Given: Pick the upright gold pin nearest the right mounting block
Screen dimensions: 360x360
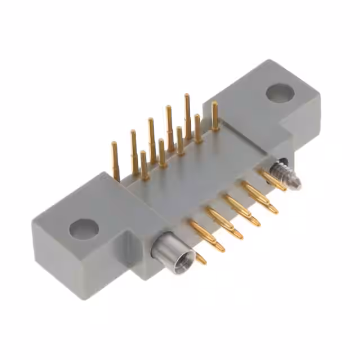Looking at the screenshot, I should click(215, 115).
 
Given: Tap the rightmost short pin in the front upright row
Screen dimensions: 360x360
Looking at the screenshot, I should click(197, 127).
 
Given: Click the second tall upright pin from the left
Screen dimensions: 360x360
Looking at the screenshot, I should click(134, 149).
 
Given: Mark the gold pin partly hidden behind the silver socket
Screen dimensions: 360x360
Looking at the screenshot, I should click(199, 258).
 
